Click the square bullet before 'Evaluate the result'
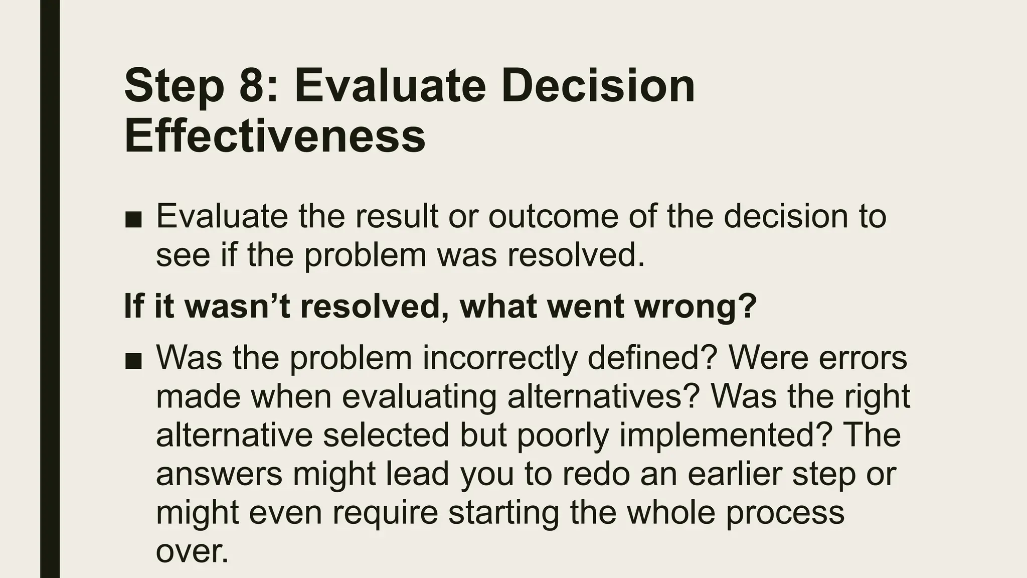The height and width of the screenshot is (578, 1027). click(133, 219)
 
